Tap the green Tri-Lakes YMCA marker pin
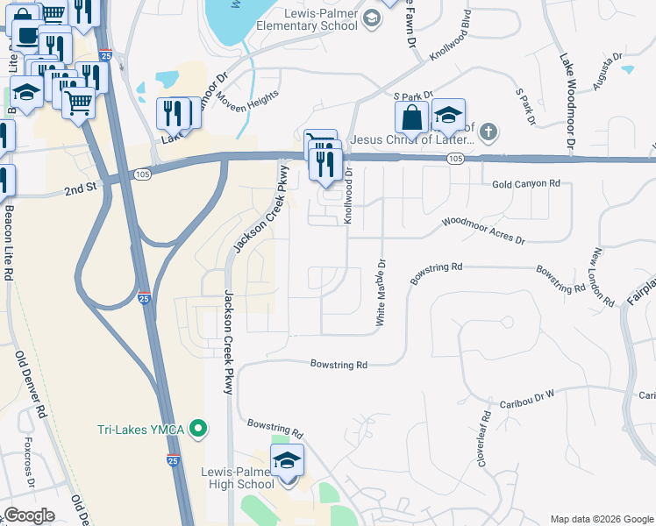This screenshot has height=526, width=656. pyautogui.click(x=199, y=429)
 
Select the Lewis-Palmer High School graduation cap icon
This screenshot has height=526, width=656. pyautogui.click(x=287, y=459)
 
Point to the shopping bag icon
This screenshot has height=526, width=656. pyautogui.click(x=410, y=116)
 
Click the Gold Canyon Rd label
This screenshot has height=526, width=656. pyautogui.click(x=525, y=183)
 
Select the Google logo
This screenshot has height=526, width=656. pyautogui.click(x=29, y=515)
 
